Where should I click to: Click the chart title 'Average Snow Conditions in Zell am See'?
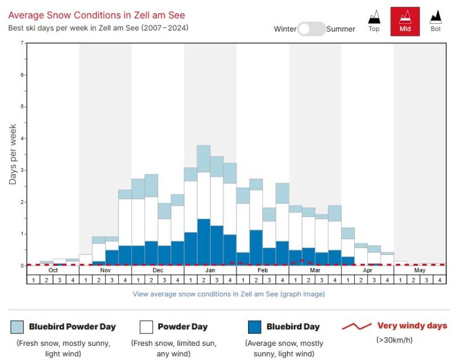click(x=97, y=15)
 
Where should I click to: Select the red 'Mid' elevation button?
click(x=405, y=21)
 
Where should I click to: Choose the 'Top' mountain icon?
click(x=374, y=21)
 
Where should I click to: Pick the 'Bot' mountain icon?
click(x=436, y=21)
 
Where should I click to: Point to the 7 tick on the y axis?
click(x=21, y=43)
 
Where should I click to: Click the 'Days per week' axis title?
click(x=13, y=154)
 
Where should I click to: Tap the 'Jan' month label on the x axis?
click(x=210, y=270)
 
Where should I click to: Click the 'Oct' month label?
click(x=53, y=270)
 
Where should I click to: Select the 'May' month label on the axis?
click(x=420, y=270)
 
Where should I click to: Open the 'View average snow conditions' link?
click(x=228, y=294)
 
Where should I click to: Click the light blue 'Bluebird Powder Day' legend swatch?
click(x=17, y=327)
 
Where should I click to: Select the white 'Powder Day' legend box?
click(x=146, y=327)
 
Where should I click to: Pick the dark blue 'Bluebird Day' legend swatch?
click(x=255, y=327)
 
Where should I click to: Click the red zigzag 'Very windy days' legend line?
click(x=356, y=326)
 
